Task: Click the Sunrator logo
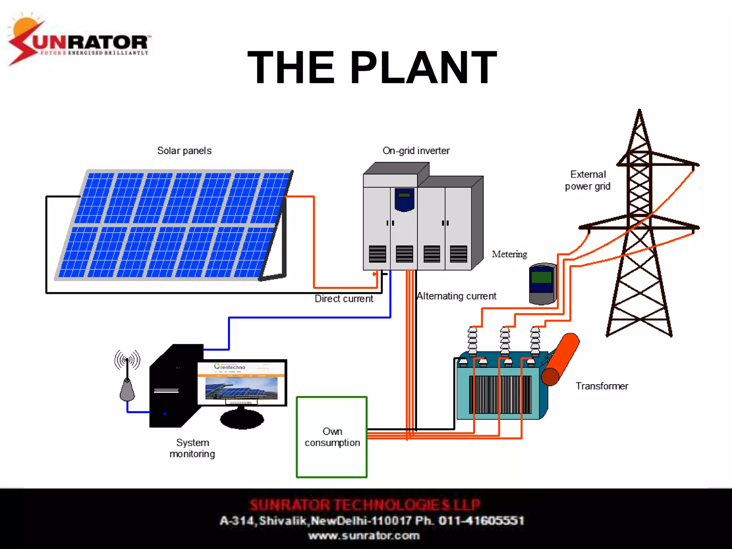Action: [79, 41]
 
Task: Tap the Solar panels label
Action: [184, 151]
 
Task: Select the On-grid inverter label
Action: [416, 151]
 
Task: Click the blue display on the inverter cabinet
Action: [404, 199]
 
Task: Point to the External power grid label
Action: [588, 180]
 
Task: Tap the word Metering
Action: [509, 254]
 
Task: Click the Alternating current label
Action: [456, 296]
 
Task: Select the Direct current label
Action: [343, 299]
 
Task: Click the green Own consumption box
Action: [332, 437]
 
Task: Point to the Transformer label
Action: [602, 386]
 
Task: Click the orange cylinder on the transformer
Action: [560, 359]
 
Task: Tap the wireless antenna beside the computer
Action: [127, 379]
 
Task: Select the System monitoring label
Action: [192, 448]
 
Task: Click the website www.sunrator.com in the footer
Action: [364, 536]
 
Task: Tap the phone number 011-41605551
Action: [481, 520]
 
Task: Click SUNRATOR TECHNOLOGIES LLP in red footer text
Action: [365, 505]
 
